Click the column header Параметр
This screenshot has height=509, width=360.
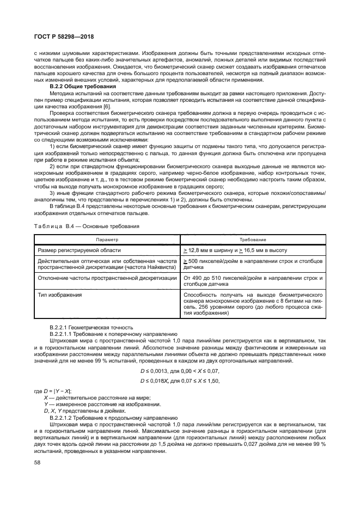(x=107, y=240)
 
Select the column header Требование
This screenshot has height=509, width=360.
(x=252, y=240)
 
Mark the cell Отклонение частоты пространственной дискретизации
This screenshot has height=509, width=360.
(x=107, y=278)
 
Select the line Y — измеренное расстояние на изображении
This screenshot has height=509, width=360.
(x=95, y=403)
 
